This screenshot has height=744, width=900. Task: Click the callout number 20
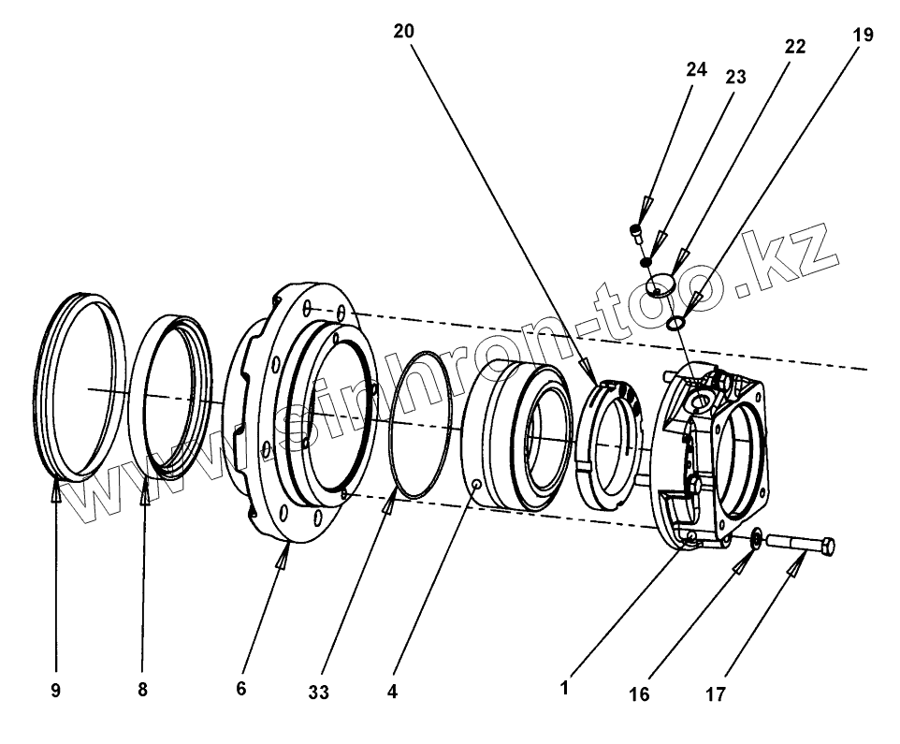[x=403, y=31]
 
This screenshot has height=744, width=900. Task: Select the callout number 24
[x=695, y=70]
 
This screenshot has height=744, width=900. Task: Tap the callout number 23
[x=735, y=78]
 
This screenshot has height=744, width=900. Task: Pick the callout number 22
[x=794, y=47]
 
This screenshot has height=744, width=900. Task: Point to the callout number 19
[x=863, y=35]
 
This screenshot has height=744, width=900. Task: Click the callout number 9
[x=55, y=690]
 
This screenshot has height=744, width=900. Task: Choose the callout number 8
[x=142, y=690]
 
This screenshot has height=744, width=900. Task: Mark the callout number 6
[x=241, y=690]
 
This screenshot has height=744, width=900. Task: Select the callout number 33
[x=319, y=693]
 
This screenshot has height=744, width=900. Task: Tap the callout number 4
[x=394, y=693]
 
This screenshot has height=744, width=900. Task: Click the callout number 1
[x=565, y=688]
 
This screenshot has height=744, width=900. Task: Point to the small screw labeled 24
[x=637, y=229]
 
